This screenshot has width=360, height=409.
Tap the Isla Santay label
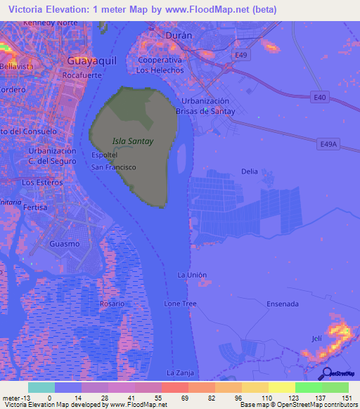[133, 141]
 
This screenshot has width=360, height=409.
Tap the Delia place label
[250, 171]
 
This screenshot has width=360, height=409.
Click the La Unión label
[192, 274]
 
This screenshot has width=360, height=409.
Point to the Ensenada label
[283, 304]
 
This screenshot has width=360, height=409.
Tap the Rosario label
[111, 303]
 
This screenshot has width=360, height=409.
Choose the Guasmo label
[65, 243]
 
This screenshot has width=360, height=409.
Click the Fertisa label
[34, 208]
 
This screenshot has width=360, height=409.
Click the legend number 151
[347, 397]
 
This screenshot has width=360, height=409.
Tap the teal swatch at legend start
[41, 387]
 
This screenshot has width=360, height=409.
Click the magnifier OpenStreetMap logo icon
[326, 374]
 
